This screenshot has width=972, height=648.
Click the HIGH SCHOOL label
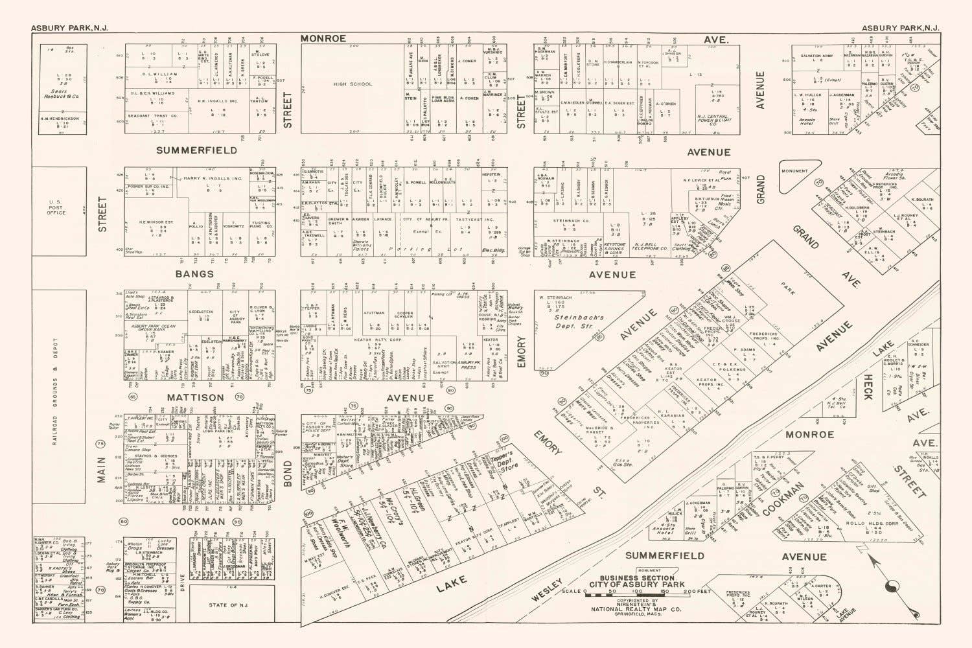coord(353,84)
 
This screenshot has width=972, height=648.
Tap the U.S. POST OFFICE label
coord(56,208)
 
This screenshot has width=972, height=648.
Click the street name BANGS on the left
coord(194,273)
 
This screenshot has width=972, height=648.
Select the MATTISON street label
coord(196,397)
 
